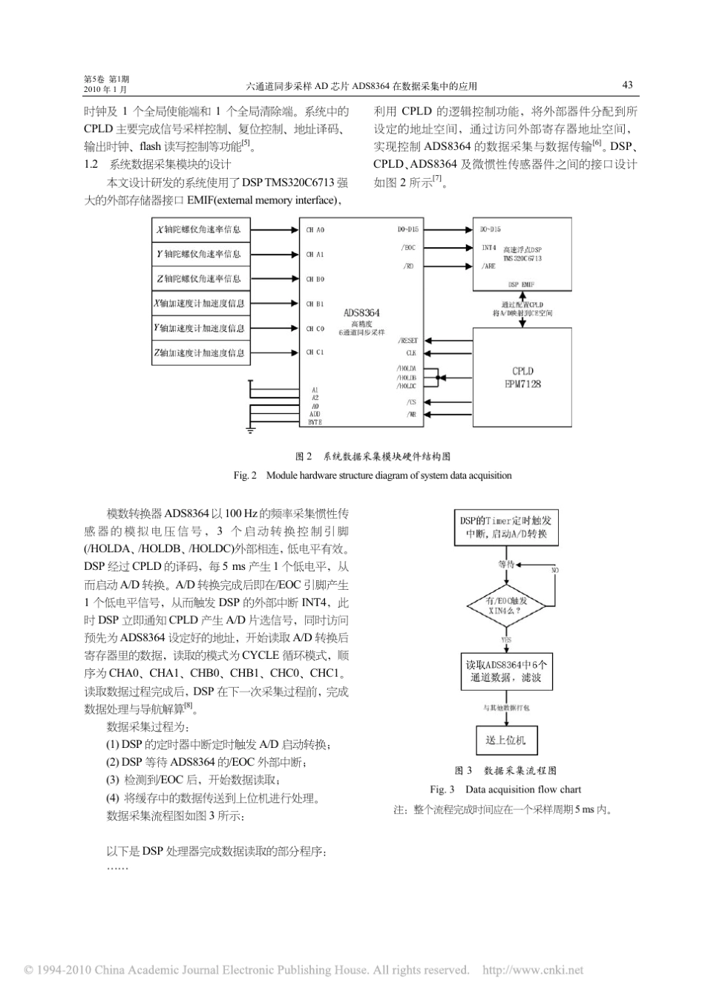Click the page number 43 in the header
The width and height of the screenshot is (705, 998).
pos(627,85)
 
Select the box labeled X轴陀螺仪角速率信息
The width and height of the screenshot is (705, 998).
pos(201,230)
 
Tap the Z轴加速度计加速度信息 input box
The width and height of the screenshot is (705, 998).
pos(201,353)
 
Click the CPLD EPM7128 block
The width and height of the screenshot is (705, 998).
pos(522,377)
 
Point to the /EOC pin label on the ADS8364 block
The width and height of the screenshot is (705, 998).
pos(408,248)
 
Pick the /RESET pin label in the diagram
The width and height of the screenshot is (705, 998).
pos(407,341)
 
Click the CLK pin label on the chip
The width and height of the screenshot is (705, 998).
pos(410,353)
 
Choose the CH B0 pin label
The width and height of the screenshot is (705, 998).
pos(315,280)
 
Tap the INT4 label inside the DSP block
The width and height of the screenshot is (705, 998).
pos(488,247)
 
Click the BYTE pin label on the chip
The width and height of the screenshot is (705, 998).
pos(315,421)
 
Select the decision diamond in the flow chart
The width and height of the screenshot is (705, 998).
pos(507,605)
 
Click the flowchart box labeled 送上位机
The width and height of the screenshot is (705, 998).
pos(506,740)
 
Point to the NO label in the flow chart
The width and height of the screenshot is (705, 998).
pos(553,570)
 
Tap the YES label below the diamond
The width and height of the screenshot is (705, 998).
pos(506,639)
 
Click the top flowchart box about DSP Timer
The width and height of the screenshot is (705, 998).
pos(507,528)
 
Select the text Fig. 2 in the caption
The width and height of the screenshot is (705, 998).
pos(244,475)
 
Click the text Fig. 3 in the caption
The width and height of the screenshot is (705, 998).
pos(442,789)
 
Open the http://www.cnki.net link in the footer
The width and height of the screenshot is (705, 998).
pos(533,970)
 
